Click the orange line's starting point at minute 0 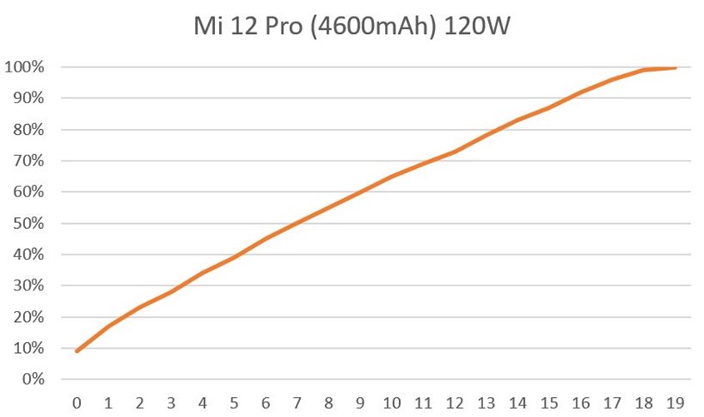[x=77, y=351]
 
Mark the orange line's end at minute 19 [x=675, y=68]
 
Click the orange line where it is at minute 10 [x=392, y=176]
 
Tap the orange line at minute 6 [x=266, y=239]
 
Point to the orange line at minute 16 [x=581, y=92]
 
